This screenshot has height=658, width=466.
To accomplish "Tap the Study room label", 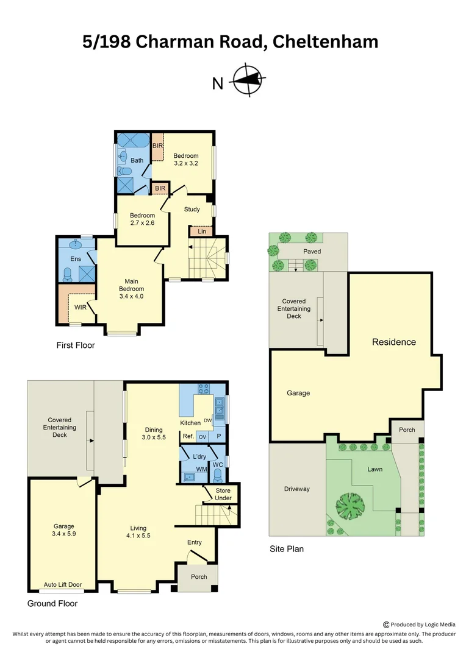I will tap(192, 210).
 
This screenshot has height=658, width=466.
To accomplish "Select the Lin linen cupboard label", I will tap(201, 232).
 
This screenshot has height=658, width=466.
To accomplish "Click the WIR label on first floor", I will tap(80, 308).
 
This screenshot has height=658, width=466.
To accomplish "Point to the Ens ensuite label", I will tap(76, 259).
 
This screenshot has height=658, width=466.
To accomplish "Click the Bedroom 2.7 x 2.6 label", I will tap(142, 219).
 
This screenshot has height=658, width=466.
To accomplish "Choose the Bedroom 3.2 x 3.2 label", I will tap(185, 160).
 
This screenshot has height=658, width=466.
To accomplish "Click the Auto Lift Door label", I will tap(62, 585).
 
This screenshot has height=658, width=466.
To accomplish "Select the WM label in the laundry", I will tap(201, 469).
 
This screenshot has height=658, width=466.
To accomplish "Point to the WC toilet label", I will tap(218, 465).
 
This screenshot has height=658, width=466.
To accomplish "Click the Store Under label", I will tap(223, 495).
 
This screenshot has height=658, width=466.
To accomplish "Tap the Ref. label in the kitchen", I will tap(188, 436).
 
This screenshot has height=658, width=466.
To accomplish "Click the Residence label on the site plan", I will tap(394, 342).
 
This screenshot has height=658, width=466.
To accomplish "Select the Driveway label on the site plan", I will tap(297, 489).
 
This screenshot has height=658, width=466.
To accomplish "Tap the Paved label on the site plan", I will tap(312, 251).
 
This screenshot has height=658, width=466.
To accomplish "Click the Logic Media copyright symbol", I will tap(386, 624).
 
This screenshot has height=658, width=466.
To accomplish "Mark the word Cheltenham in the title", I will tap(326, 41).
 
